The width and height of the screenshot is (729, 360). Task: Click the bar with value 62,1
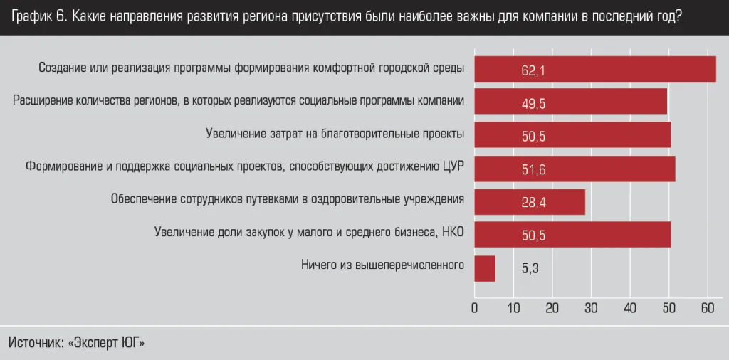pos(594,69)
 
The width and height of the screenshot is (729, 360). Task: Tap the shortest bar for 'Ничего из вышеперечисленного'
pos(484,268)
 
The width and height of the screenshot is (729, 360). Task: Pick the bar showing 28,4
pos(529,202)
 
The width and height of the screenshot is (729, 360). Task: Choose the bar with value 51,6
pos(574,169)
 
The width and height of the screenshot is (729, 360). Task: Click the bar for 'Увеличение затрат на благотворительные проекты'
pos(572,135)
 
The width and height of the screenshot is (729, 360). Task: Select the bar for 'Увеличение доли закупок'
pos(572,235)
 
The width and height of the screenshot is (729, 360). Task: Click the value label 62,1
pos(533,70)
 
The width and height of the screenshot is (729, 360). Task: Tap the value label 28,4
pos(533,203)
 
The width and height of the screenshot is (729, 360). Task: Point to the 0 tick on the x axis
pos(475,308)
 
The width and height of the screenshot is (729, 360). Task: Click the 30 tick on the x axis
pos(591,308)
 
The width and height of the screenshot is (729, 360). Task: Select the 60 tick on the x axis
pos(707,308)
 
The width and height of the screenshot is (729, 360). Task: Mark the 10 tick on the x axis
pos(513,308)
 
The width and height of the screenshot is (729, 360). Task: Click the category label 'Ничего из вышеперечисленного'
pos(382,265)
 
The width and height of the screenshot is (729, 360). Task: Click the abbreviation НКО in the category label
pos(452,232)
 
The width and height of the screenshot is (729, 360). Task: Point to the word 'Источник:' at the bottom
pos(35,342)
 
